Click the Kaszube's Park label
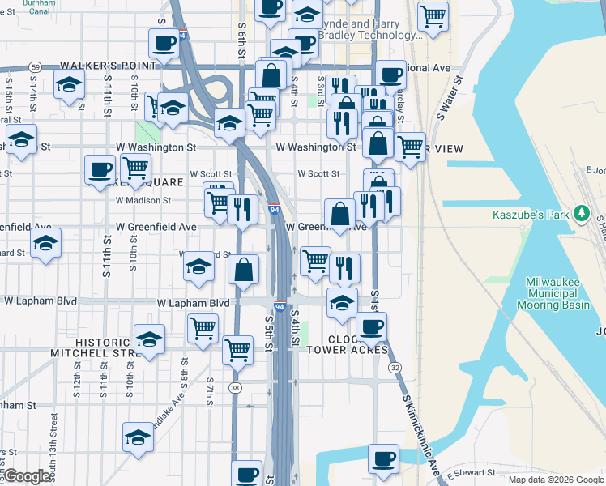(x=531, y=215)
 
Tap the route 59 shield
(x=35, y=66)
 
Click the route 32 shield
(x=395, y=368)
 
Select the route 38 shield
(x=235, y=388)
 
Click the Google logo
(x=27, y=476)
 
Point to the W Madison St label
(x=143, y=200)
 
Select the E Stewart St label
(x=468, y=471)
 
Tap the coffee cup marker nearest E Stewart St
(x=383, y=458)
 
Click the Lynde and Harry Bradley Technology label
(x=369, y=30)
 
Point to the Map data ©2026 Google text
(x=556, y=480)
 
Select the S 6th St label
(x=241, y=36)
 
